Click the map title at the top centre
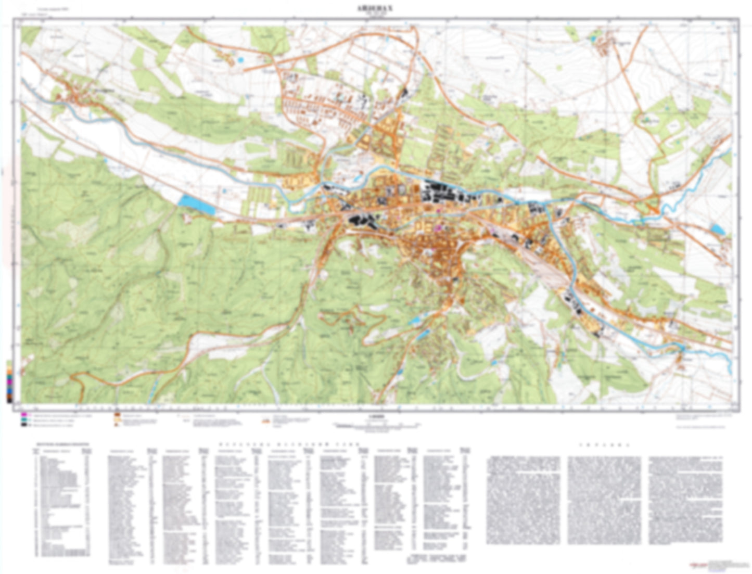(x=375, y=9)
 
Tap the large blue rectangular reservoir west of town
(x=196, y=204)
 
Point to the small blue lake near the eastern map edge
(x=717, y=228)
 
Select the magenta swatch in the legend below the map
(x=24, y=415)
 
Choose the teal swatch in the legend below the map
(x=24, y=420)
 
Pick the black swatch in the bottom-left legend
(x=24, y=425)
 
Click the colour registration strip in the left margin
(x=9, y=382)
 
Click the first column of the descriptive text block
(x=523, y=500)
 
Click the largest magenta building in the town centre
(x=438, y=227)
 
